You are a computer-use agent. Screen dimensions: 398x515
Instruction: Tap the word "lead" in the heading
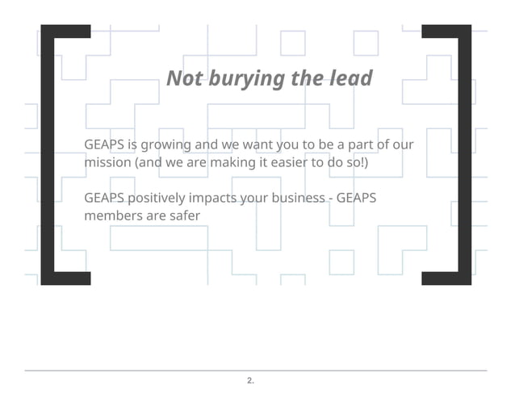click(352, 78)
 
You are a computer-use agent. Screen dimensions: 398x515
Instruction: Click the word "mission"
click(107, 162)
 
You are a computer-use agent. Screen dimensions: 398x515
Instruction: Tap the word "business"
click(291, 199)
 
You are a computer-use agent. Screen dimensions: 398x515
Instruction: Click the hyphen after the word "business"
click(329, 199)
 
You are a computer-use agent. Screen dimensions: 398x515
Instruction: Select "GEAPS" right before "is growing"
click(105, 145)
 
